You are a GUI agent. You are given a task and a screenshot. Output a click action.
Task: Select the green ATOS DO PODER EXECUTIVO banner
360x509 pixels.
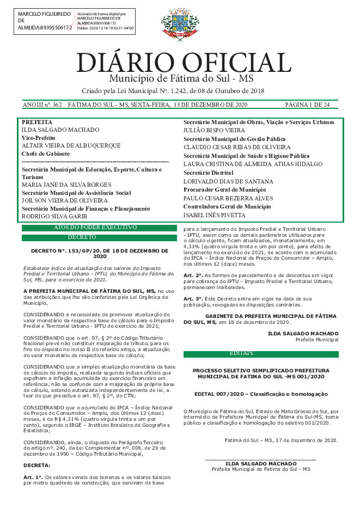pos(95,227)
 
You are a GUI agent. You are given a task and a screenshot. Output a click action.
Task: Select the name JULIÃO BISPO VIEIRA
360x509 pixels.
pos(214,131)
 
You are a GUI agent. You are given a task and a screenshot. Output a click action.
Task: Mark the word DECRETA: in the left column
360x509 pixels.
pos(36,465)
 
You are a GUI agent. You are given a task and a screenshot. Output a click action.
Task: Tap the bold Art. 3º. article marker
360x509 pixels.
pos(193,299)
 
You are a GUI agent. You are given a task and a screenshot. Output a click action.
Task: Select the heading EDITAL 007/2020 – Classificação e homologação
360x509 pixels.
pos(261,394)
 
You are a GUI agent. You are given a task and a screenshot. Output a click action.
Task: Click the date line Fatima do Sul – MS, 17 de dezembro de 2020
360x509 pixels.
pos(282,440)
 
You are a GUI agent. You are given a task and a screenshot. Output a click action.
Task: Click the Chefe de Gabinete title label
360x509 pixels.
pos(46,154)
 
